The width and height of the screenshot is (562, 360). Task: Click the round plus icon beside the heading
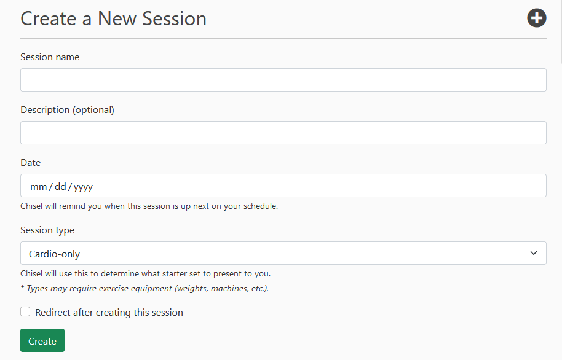tap(537, 18)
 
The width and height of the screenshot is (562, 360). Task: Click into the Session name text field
tap(283, 80)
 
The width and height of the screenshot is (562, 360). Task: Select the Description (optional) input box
tap(283, 133)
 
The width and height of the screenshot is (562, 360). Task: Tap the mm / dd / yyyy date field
tap(283, 186)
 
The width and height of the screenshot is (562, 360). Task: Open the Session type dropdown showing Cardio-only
tap(283, 253)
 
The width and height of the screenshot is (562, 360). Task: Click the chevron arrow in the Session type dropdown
tap(534, 253)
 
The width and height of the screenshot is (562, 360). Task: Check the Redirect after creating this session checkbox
tap(25, 311)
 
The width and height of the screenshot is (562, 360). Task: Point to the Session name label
tap(50, 57)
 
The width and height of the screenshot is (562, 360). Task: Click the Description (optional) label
tap(68, 110)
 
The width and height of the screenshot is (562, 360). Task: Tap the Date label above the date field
tap(31, 163)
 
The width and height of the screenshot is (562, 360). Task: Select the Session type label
tap(47, 230)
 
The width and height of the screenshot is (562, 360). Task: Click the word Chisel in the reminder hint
tap(31, 206)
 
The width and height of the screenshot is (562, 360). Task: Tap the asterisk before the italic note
tap(22, 288)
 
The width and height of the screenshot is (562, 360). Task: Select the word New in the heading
tap(117, 18)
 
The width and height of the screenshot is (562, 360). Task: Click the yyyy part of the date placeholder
tap(83, 187)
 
